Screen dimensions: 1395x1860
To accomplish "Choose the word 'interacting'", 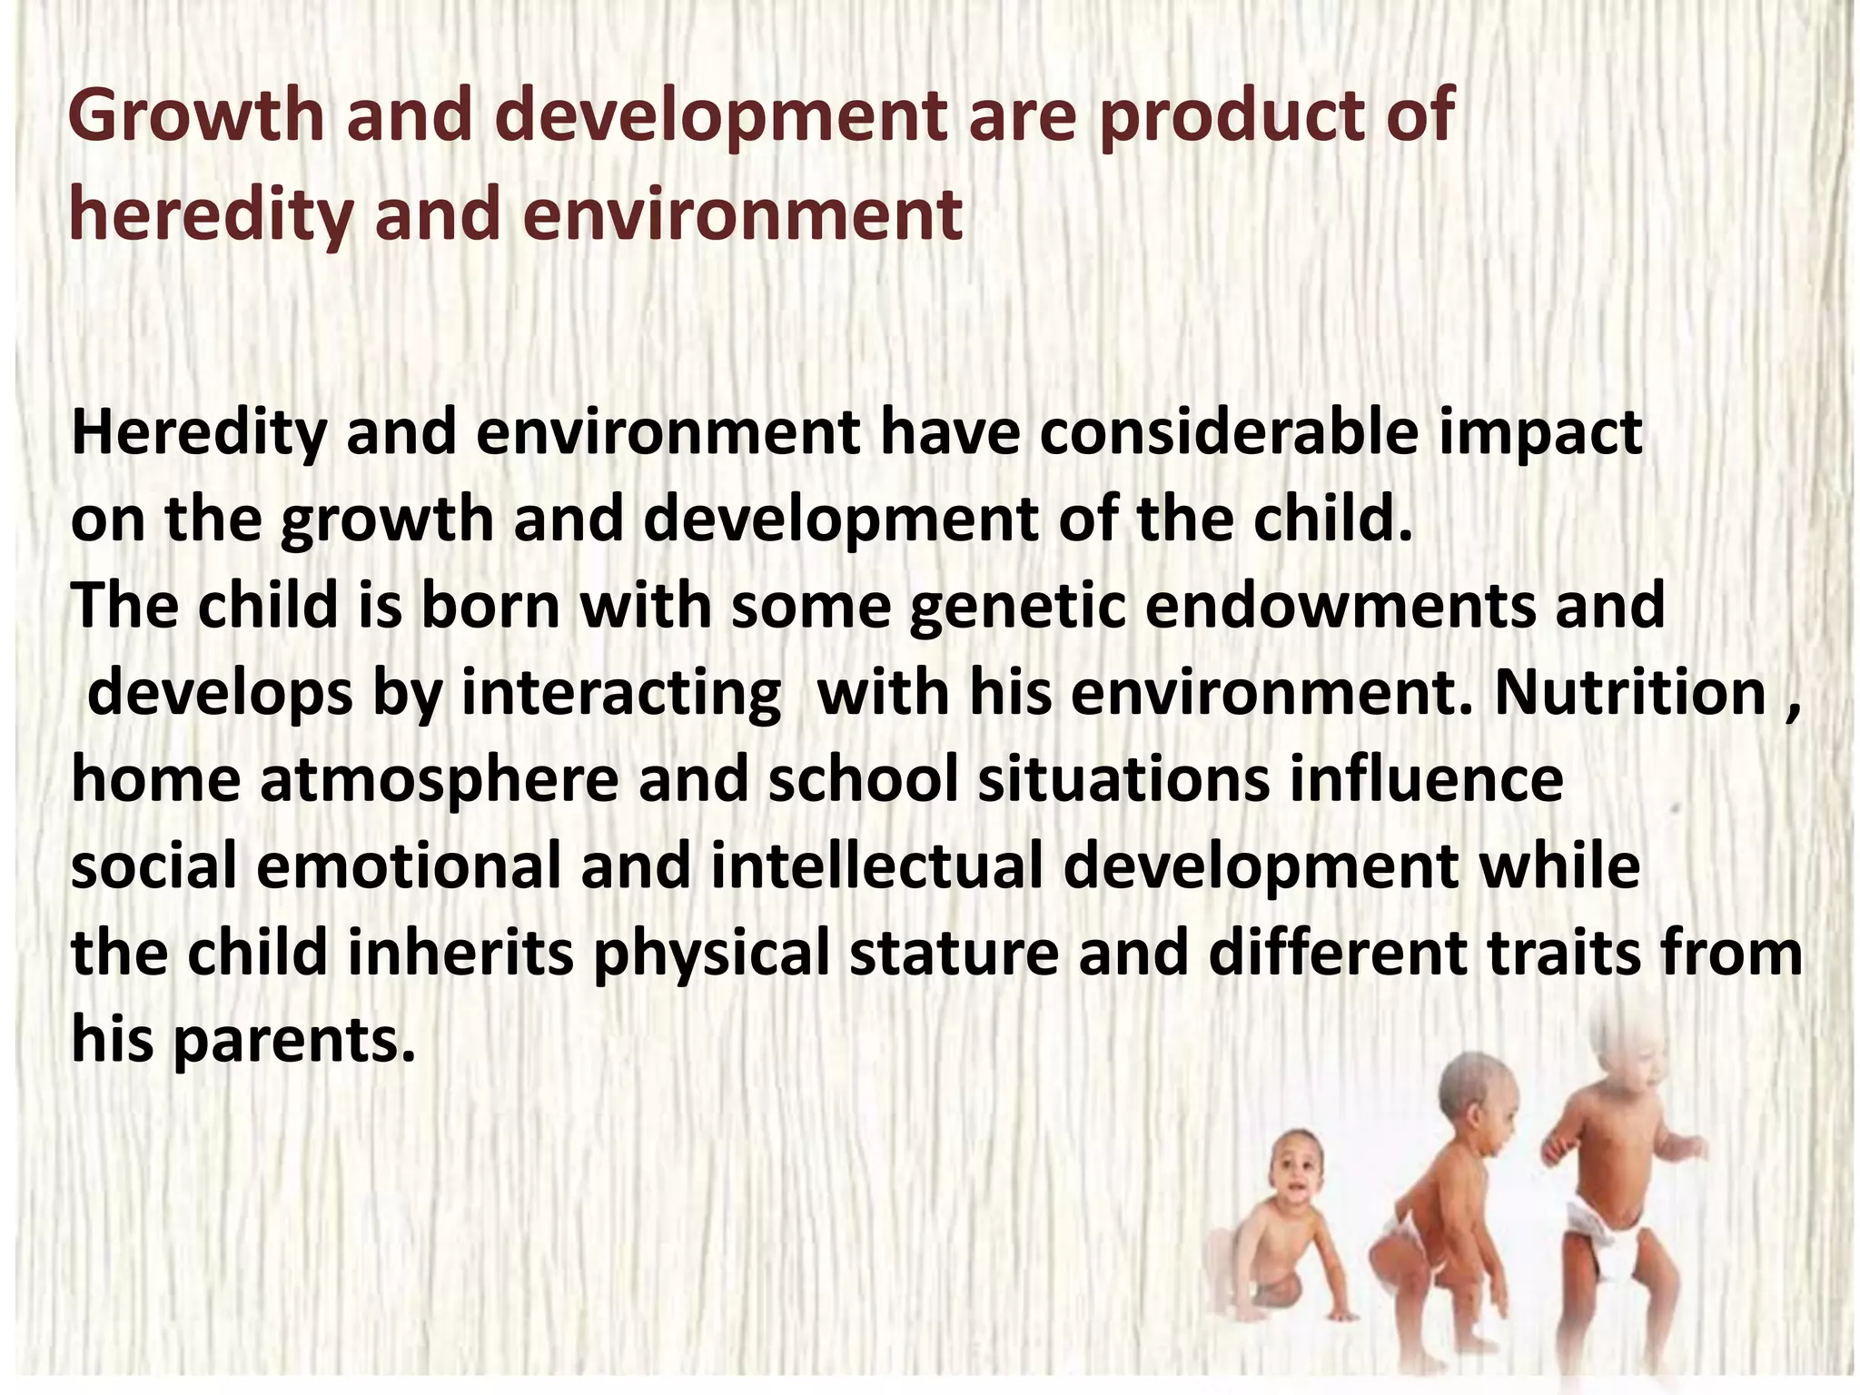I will pyautogui.click(x=621, y=693).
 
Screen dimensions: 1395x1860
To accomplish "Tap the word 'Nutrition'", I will pyautogui.click(x=1630, y=693).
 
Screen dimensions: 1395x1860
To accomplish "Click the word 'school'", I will pyautogui.click(x=864, y=780).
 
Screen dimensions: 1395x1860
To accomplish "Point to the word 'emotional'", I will pyautogui.click(x=409, y=866).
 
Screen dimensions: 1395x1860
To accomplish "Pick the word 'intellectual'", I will pyautogui.click(x=876, y=866).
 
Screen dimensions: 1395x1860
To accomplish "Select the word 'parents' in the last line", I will pyautogui.click(x=293, y=1041).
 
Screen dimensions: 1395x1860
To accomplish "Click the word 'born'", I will pyautogui.click(x=490, y=607).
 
